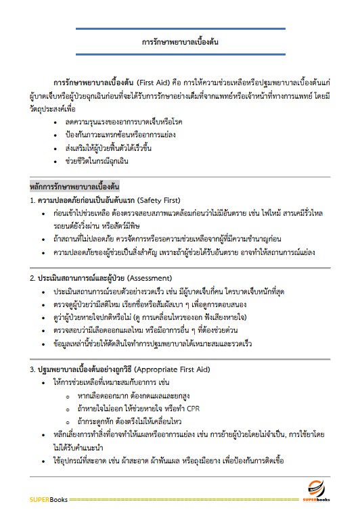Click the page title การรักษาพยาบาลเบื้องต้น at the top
[180, 41]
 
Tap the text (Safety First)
[162, 201]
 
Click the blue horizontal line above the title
[180, 29]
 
